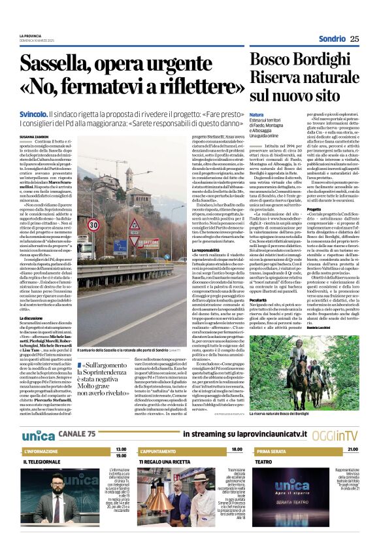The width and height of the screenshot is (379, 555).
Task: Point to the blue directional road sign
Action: (103, 246)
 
